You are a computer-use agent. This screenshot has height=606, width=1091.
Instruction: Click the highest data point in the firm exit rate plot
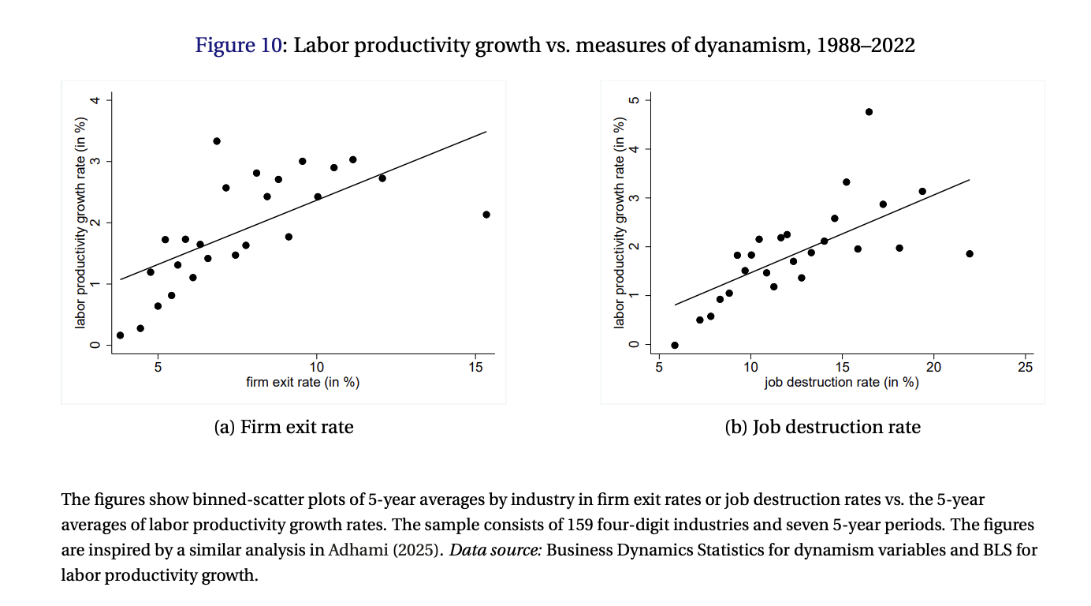coord(217,141)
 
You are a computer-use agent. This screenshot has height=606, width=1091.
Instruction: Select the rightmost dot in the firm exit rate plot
coord(486,215)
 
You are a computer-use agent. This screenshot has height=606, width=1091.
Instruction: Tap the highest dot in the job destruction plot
coord(869,112)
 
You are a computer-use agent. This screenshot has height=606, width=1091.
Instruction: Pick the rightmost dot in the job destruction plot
coord(970,254)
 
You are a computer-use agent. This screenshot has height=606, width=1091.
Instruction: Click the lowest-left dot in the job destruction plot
coord(674,346)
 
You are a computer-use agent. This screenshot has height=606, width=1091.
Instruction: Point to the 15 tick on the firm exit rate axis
coord(475,368)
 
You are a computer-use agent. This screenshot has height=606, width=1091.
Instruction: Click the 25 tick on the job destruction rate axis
coord(1026,368)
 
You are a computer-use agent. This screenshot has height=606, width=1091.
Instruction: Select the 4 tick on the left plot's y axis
coord(95,100)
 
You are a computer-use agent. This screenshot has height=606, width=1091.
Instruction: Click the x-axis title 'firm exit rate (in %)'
coord(303,383)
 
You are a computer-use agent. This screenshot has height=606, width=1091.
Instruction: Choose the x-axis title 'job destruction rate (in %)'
coord(842,383)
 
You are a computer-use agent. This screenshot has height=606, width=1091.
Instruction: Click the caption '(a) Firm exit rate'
coord(284,428)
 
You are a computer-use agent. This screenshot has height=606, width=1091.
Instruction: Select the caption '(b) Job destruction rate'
coord(822,428)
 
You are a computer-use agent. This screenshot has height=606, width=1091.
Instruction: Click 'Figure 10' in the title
coord(238,46)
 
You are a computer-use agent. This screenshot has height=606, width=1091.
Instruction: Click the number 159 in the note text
coord(582,525)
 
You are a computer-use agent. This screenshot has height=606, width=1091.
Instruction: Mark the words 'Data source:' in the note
coord(495,550)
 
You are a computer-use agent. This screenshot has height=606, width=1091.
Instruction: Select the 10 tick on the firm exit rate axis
coord(317,368)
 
